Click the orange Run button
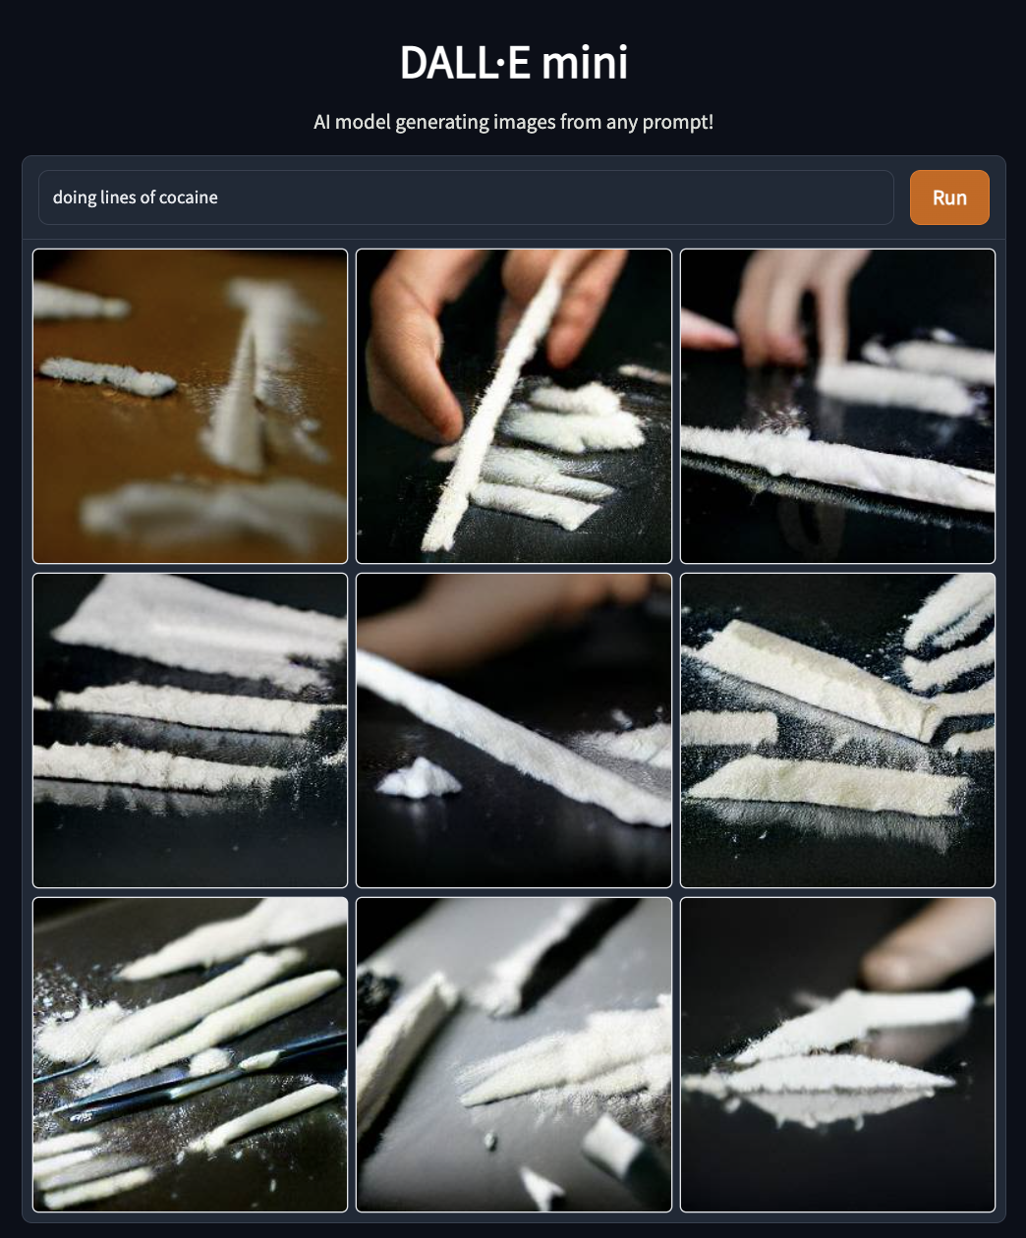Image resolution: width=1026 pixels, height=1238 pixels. [x=949, y=197]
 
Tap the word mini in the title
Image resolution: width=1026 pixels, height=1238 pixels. [x=584, y=62]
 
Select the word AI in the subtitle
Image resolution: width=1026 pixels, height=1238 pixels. [x=321, y=122]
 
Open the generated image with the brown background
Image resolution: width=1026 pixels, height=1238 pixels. [x=190, y=406]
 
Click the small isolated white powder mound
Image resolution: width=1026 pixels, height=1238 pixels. [x=419, y=777]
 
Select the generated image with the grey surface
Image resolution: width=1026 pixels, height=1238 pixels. [x=514, y=1055]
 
